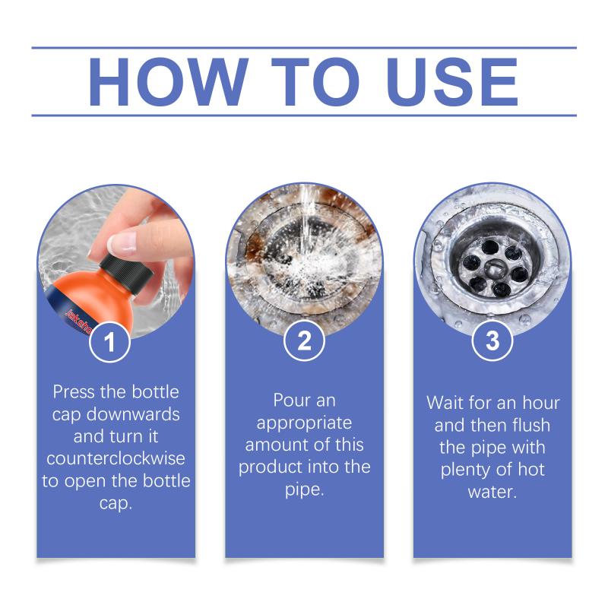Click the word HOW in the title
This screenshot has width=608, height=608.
(168, 81)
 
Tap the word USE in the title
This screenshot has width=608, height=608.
(453, 81)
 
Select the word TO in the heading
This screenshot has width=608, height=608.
(315, 81)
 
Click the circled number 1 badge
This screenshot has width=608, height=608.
(109, 342)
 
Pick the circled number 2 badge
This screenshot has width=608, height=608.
(304, 340)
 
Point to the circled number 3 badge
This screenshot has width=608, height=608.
(492, 340)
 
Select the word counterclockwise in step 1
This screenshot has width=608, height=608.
(116, 459)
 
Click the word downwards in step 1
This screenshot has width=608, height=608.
(133, 414)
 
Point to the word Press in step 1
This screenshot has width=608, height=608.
(74, 391)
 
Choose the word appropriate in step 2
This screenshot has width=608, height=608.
(304, 423)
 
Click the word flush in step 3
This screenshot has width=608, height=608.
(530, 425)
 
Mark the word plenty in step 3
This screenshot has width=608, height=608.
(465, 470)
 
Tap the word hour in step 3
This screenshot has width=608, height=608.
(541, 403)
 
